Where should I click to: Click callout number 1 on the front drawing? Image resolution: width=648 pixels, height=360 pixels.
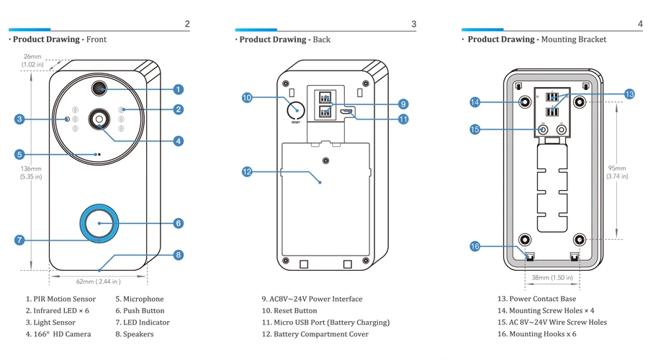click(178, 89)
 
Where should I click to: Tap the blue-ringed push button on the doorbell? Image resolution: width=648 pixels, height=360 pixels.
click(99, 223)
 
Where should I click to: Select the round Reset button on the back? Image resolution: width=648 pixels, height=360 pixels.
click(296, 110)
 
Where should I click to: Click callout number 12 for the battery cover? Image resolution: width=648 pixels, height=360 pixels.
click(247, 171)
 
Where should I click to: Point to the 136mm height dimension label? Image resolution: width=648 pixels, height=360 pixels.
click(31, 172)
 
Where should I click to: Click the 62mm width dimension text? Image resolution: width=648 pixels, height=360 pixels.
click(99, 282)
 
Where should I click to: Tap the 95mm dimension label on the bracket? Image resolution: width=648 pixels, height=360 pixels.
click(617, 172)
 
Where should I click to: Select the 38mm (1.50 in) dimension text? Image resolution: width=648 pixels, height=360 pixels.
click(552, 278)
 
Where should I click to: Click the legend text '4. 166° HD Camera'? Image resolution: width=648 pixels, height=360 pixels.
click(58, 334)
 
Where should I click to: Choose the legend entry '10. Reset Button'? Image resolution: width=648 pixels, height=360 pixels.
click(289, 310)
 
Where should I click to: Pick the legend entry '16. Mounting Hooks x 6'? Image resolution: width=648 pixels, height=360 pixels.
click(537, 334)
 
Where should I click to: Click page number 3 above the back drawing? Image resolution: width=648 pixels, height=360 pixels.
click(414, 24)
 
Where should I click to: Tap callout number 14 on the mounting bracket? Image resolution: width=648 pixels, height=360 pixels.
click(475, 102)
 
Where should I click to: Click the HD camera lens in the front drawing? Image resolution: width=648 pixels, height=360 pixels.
click(99, 120)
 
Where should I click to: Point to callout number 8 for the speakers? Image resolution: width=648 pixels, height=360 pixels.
click(178, 255)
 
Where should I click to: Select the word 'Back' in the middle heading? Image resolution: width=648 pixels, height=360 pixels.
click(322, 40)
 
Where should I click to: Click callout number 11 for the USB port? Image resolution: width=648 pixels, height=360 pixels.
click(403, 120)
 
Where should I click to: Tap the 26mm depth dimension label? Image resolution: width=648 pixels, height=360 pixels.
click(32, 60)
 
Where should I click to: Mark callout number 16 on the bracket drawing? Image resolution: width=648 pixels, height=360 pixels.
click(475, 246)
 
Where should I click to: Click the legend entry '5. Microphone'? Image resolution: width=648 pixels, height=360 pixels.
click(139, 299)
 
